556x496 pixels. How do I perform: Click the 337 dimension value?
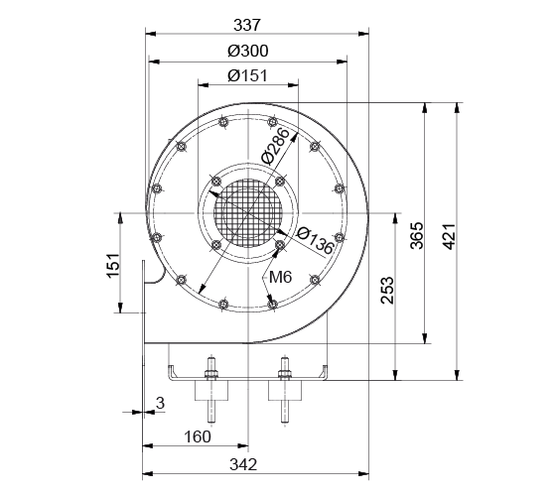coord(247,25)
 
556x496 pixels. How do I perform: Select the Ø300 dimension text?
coord(248,51)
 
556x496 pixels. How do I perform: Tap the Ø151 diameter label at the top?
coord(247,75)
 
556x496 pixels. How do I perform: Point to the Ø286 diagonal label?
coord(275,147)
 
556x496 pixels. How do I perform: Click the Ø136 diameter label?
coord(315,241)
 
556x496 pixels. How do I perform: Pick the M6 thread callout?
coord(280,277)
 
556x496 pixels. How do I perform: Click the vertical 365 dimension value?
coord(417,236)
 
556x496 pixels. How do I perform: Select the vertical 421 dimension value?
coord(449,237)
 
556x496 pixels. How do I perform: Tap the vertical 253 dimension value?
coord(387,290)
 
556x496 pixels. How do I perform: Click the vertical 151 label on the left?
coord(113,266)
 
